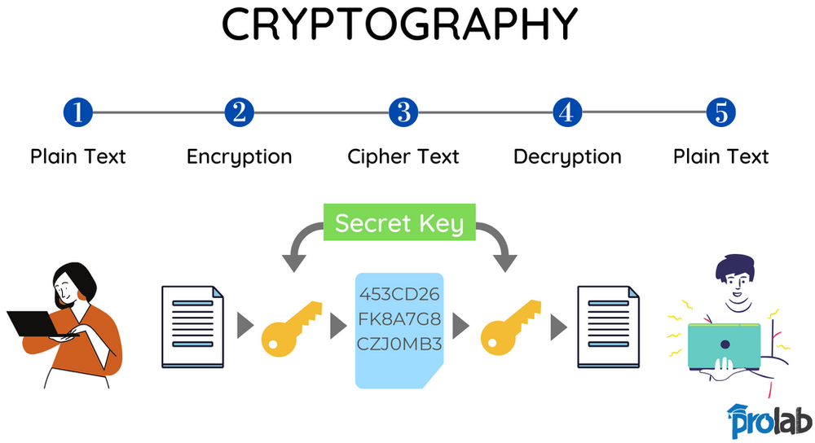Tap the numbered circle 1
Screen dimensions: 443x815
tap(78, 112)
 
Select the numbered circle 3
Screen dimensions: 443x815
tap(403, 112)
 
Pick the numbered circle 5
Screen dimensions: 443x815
tap(720, 112)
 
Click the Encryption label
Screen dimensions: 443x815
tap(239, 156)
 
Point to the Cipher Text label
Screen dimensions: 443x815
tap(403, 156)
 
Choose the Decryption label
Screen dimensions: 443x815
tap(567, 156)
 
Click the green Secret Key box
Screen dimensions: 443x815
tap(399, 223)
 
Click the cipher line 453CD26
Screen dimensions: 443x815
tap(399, 294)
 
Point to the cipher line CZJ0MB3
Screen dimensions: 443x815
tap(399, 343)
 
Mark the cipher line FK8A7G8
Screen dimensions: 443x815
tap(399, 318)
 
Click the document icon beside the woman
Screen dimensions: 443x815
tap(192, 326)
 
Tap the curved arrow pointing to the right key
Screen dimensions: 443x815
tap(498, 241)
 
